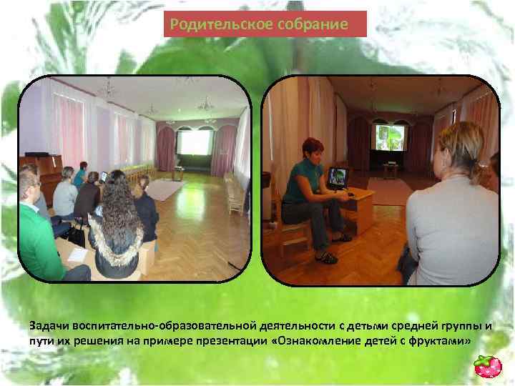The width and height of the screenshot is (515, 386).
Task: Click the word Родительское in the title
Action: [x=212, y=24]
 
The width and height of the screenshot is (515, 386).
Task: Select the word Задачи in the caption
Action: [x=48, y=326]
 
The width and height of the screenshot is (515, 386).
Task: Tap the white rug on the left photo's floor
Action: [x=164, y=189]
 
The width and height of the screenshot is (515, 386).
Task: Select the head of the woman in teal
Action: [x=313, y=151]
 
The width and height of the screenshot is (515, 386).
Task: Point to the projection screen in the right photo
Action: [x=389, y=137]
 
